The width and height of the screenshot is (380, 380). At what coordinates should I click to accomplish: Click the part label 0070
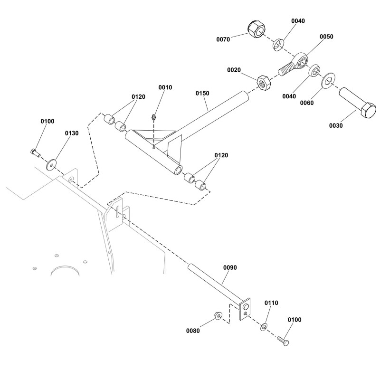[x=222, y=39]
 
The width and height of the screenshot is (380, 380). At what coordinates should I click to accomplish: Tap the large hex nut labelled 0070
[x=256, y=30]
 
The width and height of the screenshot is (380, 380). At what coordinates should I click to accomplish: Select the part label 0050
[x=326, y=37]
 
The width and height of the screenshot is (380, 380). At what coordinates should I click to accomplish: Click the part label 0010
[x=165, y=87]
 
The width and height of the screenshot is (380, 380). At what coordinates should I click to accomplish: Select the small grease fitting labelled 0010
[x=153, y=117]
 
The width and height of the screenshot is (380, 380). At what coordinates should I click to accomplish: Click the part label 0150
[x=202, y=94]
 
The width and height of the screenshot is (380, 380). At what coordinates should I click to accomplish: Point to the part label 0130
[x=71, y=133]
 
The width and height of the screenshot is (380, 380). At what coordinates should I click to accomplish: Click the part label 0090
[x=229, y=268]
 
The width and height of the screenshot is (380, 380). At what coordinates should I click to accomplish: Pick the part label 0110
[x=271, y=303]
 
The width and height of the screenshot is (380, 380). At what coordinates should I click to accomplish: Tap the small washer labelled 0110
[x=264, y=327]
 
